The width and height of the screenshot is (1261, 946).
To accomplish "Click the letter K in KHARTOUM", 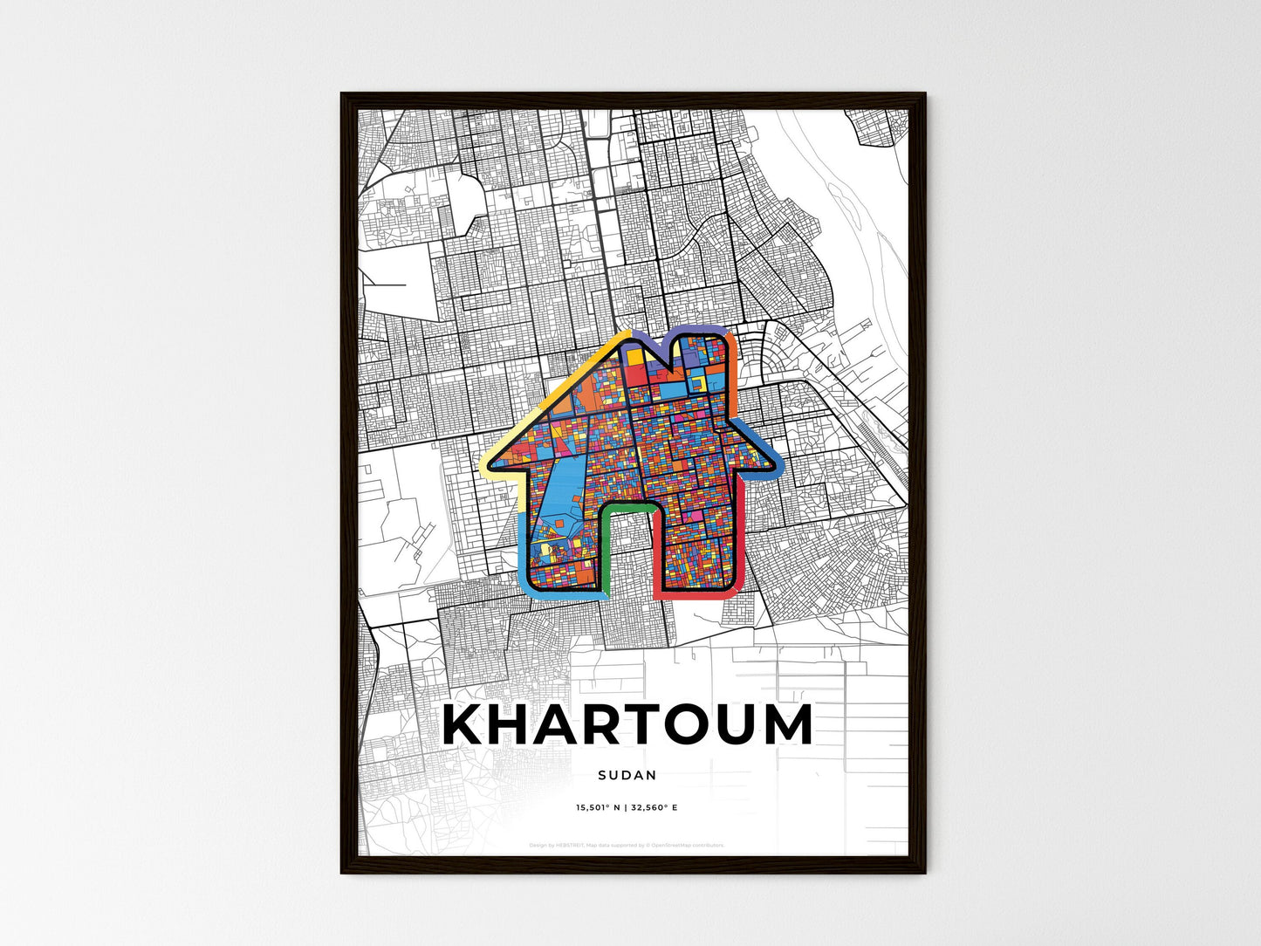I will tap(466, 725).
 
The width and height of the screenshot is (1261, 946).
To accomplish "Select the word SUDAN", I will tap(628, 775).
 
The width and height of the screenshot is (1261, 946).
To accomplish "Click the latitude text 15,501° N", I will tap(597, 808).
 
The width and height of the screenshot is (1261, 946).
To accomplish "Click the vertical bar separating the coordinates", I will tap(627, 808).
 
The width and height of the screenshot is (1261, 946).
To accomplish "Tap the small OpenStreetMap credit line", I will tap(627, 845).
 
